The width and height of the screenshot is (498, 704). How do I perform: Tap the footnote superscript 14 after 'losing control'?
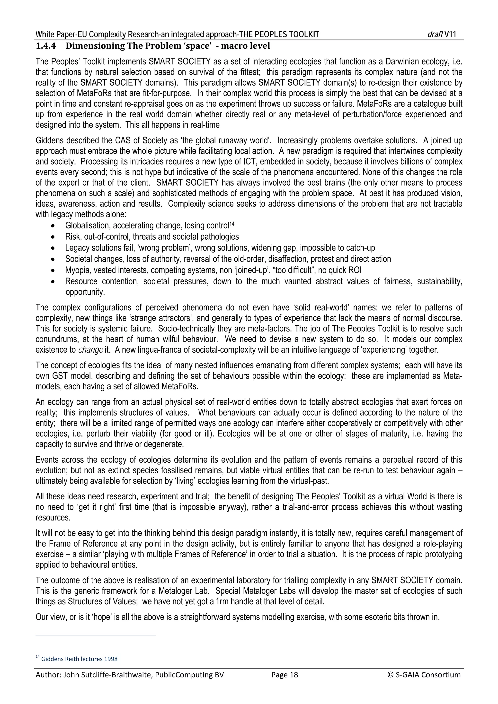(x=232, y=224)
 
